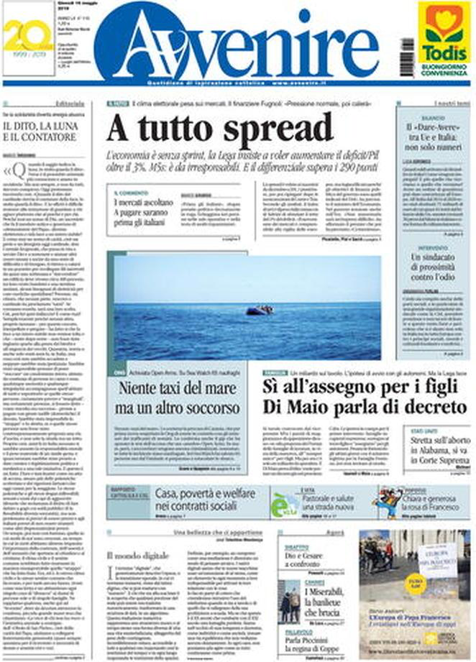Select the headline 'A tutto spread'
tap(219, 130)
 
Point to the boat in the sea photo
tap(259, 310)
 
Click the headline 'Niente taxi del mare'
tap(180, 397)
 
